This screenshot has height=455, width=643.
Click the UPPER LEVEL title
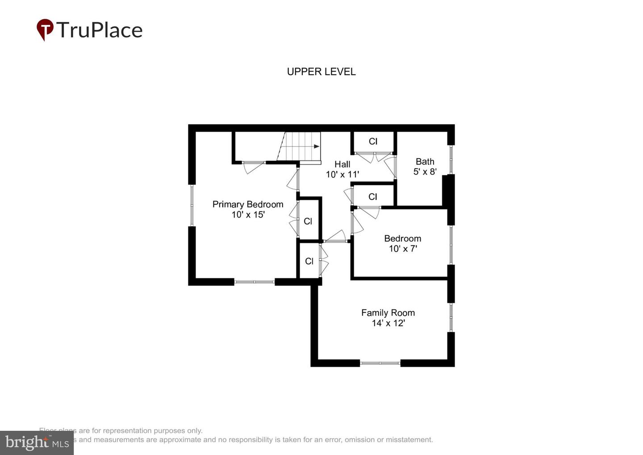[x=321, y=72]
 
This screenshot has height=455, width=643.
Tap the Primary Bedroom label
[x=248, y=204]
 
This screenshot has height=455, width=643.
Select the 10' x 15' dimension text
[x=248, y=215]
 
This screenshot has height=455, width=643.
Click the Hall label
[x=342, y=164]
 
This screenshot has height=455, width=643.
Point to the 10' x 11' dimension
[x=342, y=174]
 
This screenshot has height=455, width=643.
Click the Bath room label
[x=425, y=161]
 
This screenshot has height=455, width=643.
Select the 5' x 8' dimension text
[x=425, y=172]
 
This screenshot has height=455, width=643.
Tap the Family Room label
[x=388, y=313]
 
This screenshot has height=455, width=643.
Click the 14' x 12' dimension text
[x=388, y=323]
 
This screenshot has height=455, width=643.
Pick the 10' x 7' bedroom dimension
[x=402, y=249]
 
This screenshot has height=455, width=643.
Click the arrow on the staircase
[x=316, y=146]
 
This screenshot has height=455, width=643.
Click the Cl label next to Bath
[x=373, y=141]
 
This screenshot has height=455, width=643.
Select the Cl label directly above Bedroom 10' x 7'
[x=373, y=197]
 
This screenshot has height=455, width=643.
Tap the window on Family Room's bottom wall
[x=380, y=363]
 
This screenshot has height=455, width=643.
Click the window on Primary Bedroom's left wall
[x=192, y=205]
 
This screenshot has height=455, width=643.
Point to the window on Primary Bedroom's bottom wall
[x=254, y=282]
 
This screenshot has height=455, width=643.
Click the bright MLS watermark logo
[x=37, y=442]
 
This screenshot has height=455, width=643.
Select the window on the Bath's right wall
[x=451, y=160]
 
